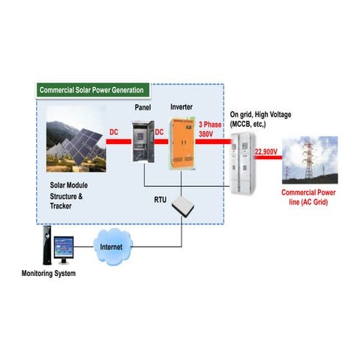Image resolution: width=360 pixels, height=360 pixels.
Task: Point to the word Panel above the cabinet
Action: click(x=143, y=107)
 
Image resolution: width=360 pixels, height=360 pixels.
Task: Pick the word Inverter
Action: click(x=182, y=107)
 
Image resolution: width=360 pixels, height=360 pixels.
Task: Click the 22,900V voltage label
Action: click(x=266, y=152)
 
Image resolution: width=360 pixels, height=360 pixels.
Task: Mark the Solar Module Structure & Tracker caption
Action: click(x=66, y=193)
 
